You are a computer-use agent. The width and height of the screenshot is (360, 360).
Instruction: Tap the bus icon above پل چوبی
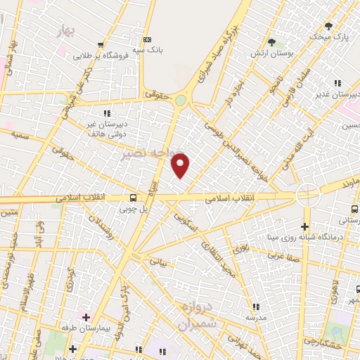(133, 198)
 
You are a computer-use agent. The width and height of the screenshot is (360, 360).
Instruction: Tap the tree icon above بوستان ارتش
(271, 43)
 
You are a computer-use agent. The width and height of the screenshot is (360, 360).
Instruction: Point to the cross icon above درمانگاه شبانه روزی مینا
(304, 226)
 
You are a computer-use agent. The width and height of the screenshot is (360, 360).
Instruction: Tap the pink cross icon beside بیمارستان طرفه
(86, 317)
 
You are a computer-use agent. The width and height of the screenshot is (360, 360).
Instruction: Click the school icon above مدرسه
(256, 307)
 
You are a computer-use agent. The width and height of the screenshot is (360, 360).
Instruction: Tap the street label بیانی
(160, 261)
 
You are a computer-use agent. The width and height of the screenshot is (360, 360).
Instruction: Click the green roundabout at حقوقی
(181, 101)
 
